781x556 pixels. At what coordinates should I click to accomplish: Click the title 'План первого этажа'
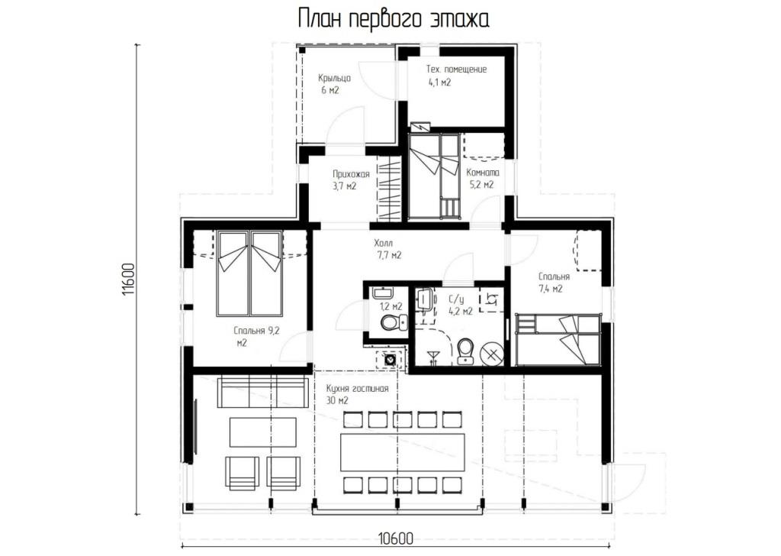tap(394, 19)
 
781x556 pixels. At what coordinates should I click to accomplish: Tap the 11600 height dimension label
tap(128, 280)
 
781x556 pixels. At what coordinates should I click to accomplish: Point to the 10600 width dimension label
tap(396, 539)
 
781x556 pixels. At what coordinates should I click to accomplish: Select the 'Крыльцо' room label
tap(334, 79)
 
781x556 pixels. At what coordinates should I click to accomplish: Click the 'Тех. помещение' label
tap(456, 69)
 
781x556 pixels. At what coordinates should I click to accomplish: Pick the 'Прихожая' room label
tap(351, 174)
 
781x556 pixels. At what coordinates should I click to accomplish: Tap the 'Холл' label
tap(384, 244)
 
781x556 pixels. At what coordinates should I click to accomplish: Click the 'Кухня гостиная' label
tap(357, 389)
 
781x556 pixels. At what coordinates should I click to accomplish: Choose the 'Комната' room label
tap(482, 173)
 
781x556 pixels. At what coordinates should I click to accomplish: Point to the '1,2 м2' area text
tap(391, 307)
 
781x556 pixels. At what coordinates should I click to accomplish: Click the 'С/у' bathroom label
tap(456, 299)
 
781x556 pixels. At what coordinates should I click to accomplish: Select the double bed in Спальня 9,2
tap(250, 273)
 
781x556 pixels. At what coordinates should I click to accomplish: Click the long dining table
tap(403, 452)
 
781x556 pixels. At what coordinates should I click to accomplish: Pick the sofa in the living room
tap(262, 393)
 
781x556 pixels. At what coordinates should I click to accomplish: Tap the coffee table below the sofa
tap(263, 432)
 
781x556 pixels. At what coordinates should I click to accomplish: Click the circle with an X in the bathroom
tap(492, 354)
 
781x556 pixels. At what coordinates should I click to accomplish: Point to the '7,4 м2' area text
tap(551, 288)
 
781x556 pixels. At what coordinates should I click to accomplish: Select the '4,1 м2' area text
tap(439, 82)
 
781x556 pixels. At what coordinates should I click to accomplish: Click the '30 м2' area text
tap(337, 400)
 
